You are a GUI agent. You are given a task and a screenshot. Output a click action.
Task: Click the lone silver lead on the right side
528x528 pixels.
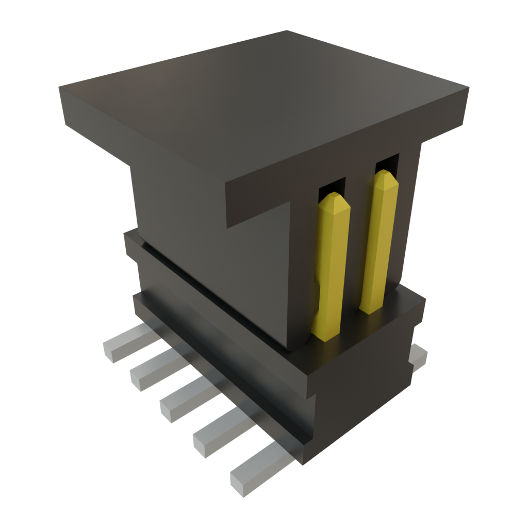click(419, 357)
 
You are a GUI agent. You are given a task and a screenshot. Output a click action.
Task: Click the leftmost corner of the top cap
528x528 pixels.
click(59, 89)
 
